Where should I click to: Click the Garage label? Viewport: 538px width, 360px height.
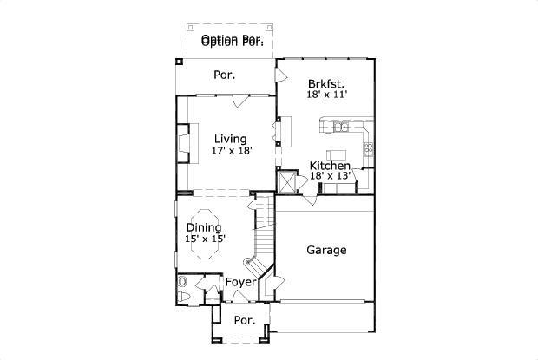[326, 251]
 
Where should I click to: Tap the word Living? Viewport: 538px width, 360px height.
[231, 139]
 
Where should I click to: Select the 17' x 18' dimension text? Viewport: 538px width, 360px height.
[231, 150]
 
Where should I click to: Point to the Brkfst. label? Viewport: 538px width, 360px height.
[326, 84]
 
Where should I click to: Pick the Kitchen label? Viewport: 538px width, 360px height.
[330, 166]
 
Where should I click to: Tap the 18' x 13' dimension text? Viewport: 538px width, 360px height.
[330, 176]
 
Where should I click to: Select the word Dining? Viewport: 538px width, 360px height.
[204, 228]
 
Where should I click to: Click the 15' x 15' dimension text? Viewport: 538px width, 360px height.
[204, 239]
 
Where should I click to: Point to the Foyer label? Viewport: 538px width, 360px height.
[240, 283]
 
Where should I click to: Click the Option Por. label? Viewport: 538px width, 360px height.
[232, 40]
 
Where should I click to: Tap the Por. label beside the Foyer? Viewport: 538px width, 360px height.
[245, 320]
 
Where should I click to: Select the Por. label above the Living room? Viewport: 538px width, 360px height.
[225, 75]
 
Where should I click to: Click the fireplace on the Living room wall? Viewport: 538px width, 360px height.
[183, 143]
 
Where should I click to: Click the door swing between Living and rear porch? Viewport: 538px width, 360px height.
[238, 102]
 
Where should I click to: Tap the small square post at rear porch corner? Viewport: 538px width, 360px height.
[179, 62]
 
